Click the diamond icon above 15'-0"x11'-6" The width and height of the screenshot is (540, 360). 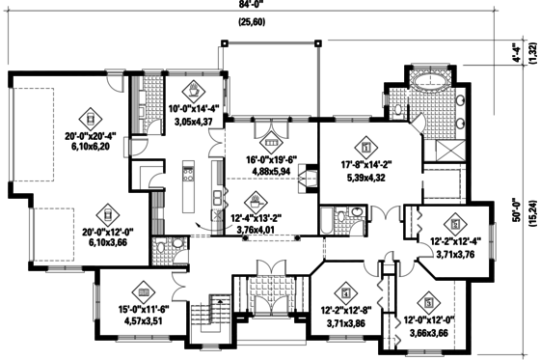point(143,290)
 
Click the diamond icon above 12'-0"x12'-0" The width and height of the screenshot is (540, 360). point(424,301)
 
